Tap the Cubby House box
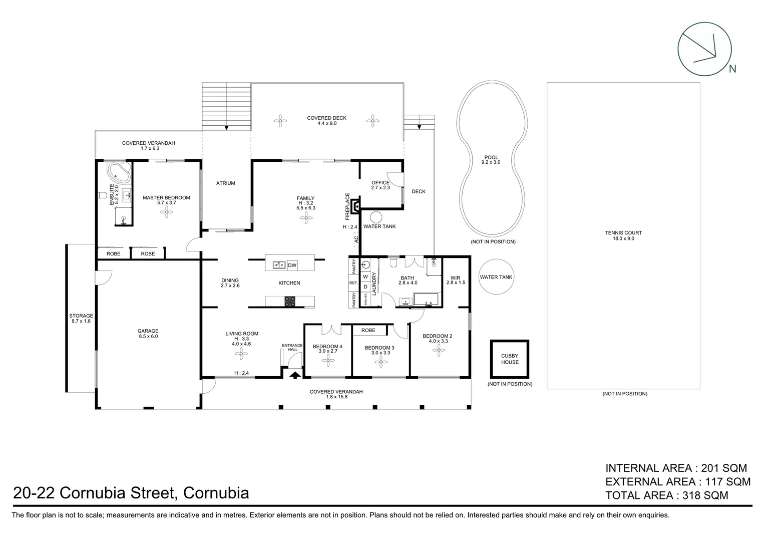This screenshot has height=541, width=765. (509, 359)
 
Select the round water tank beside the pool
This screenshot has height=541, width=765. (496, 277)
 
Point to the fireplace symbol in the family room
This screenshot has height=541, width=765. (355, 206)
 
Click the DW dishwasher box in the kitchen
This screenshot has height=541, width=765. (292, 265)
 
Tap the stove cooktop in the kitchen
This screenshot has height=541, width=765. (290, 302)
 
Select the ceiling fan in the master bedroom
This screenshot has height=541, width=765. (166, 212)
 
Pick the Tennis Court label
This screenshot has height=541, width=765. (623, 232)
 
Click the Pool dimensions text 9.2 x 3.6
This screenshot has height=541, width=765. (491, 162)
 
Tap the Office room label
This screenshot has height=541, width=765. (380, 182)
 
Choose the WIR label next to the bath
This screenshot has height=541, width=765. (455, 278)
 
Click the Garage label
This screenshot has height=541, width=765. (148, 331)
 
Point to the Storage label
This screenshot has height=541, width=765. (81, 316)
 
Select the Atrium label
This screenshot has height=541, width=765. (225, 183)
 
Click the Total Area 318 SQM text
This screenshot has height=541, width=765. (666, 495)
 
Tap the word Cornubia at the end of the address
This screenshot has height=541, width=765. (216, 493)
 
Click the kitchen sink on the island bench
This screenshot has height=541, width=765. (279, 264)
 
